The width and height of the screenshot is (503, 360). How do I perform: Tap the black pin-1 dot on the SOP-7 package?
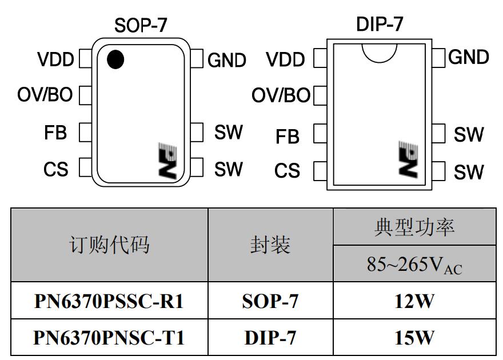115,59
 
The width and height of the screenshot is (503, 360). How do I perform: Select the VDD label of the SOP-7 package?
55,60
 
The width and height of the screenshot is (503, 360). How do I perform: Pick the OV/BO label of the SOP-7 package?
46,95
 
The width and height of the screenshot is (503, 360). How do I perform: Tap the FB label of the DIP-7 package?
287,137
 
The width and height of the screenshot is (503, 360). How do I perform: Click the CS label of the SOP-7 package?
55,169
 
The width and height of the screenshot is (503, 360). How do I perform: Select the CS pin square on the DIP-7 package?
320,170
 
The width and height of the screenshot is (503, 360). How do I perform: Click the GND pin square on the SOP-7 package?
197,58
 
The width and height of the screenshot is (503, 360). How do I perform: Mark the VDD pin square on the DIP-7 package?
320,58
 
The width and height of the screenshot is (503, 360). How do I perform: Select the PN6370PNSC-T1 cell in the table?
109,338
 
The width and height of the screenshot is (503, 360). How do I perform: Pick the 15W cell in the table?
414,338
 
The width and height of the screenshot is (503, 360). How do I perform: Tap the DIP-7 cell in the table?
270,338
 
